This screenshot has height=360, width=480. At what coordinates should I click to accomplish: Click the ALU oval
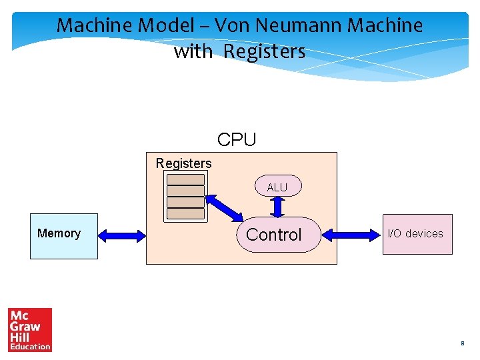pyautogui.click(x=277, y=187)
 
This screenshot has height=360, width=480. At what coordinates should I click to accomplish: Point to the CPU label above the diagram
pyautogui.click(x=237, y=140)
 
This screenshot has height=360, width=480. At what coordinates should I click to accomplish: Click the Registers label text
pyautogui.click(x=183, y=163)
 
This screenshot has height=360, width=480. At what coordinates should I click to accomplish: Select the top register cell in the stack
pyautogui.click(x=185, y=179)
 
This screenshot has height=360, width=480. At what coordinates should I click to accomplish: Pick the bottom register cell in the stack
pyautogui.click(x=185, y=214)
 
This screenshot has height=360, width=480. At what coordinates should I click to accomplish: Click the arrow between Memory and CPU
pyautogui.click(x=121, y=235)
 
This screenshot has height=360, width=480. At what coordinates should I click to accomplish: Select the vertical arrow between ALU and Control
pyautogui.click(x=278, y=207)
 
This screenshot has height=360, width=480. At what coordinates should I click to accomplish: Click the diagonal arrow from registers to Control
pyautogui.click(x=225, y=208)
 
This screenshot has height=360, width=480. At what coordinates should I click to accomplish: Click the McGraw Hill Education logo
pyautogui.click(x=30, y=329)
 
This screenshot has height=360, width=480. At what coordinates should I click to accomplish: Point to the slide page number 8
pyautogui.click(x=461, y=344)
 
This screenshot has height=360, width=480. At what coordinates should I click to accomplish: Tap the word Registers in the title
pyautogui.click(x=264, y=51)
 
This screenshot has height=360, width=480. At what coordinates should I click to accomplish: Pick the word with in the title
pyautogui.click(x=193, y=51)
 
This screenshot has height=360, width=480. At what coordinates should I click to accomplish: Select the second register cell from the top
pyautogui.click(x=185, y=191)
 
